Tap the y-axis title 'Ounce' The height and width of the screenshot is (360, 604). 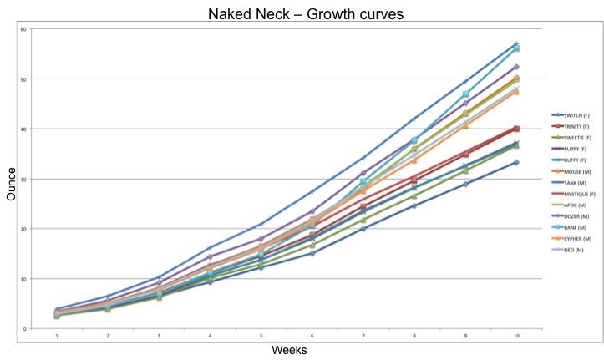coord(12,185)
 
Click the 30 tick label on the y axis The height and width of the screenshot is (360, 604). coord(23,179)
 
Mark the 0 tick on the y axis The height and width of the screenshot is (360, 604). coord(25,328)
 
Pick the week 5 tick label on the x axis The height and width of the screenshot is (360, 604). coord(261,337)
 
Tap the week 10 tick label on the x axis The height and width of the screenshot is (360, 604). coord(516,337)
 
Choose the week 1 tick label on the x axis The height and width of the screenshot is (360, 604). coord(57,337)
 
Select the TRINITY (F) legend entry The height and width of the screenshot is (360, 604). coord(573,124)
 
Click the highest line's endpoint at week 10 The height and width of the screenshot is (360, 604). coord(516,43)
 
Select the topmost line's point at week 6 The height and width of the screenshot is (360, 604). coord(312,191)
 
